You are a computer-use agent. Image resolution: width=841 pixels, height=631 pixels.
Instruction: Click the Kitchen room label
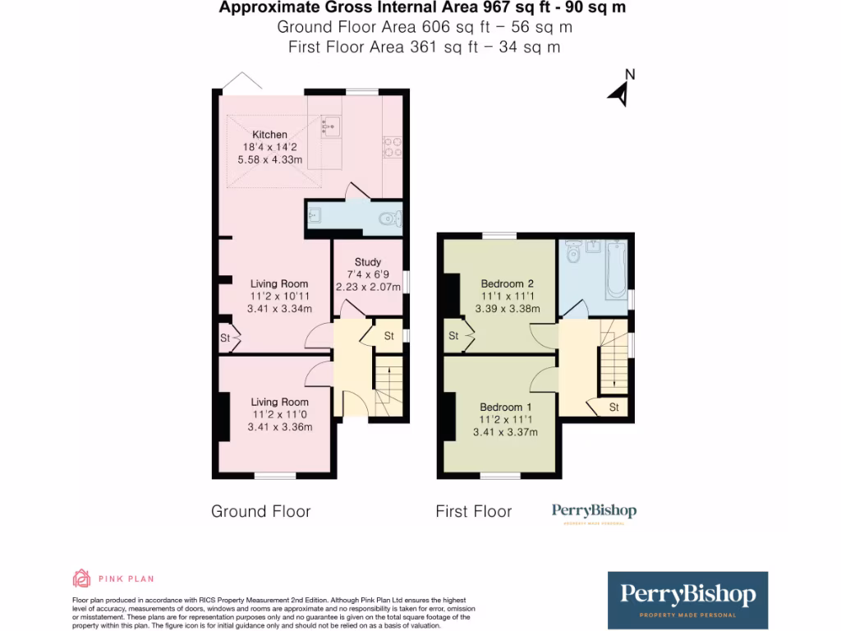(x=269, y=135)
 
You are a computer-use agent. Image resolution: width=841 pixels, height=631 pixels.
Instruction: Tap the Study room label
(x=368, y=262)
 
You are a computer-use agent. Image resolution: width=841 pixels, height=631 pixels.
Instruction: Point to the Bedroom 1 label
(x=506, y=408)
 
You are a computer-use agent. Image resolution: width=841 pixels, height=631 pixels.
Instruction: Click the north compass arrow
(x=620, y=93)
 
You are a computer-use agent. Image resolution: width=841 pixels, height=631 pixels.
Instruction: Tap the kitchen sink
(x=331, y=126)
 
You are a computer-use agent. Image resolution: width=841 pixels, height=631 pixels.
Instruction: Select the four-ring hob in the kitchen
(x=392, y=145)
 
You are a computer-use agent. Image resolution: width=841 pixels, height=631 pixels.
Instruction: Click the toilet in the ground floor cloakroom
(x=389, y=219)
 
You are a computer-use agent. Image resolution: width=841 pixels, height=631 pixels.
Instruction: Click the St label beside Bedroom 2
(x=453, y=336)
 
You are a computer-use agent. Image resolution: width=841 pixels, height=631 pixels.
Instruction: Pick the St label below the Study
(x=388, y=336)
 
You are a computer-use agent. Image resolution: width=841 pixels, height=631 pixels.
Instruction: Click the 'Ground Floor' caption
(x=261, y=512)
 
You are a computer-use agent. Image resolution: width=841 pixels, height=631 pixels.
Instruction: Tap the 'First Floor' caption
(x=474, y=512)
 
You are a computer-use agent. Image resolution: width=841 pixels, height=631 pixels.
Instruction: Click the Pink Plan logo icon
(x=81, y=578)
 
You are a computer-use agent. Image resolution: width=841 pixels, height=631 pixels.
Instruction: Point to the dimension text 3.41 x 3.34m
(x=279, y=309)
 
